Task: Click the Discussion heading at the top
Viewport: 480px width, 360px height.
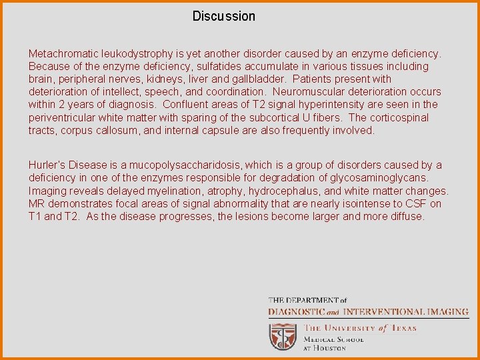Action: point(223,16)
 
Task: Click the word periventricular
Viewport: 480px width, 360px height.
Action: point(61,117)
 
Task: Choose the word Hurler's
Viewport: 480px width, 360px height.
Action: point(47,165)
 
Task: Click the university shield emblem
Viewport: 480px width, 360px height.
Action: point(283,336)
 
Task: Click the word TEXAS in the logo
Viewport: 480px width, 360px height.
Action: point(403,328)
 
